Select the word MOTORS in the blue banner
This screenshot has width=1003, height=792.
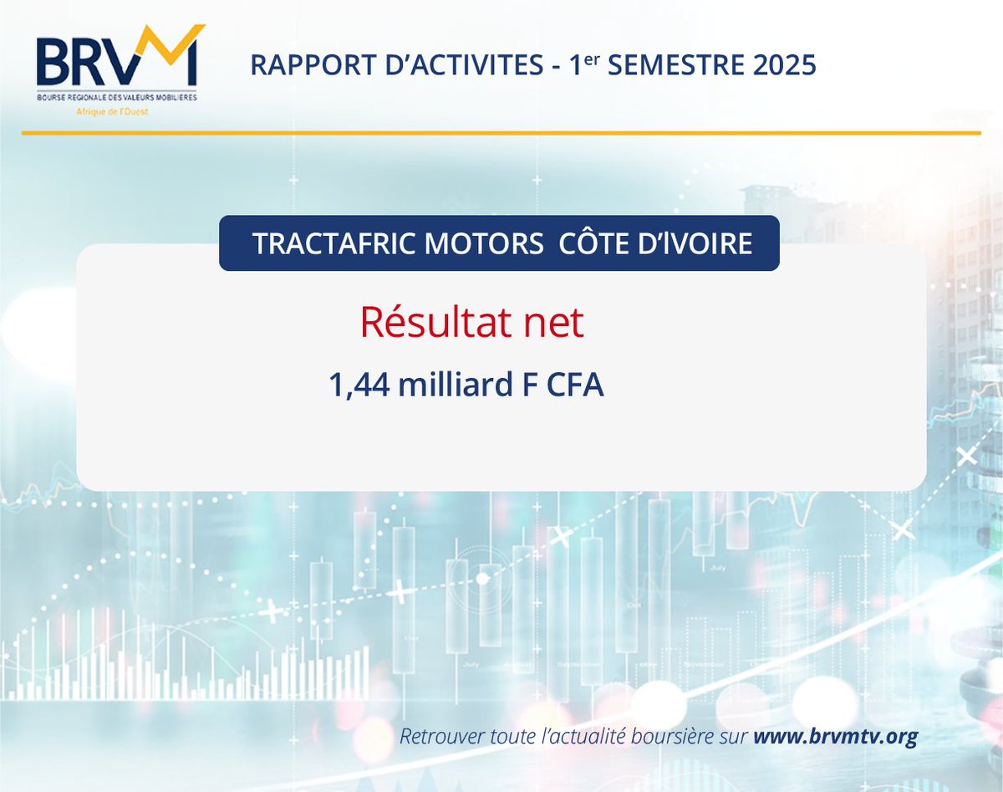[x=488, y=243]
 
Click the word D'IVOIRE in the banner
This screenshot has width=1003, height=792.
[x=698, y=243]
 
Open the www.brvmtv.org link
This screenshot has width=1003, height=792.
[x=835, y=738]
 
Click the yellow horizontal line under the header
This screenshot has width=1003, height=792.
[x=501, y=133]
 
